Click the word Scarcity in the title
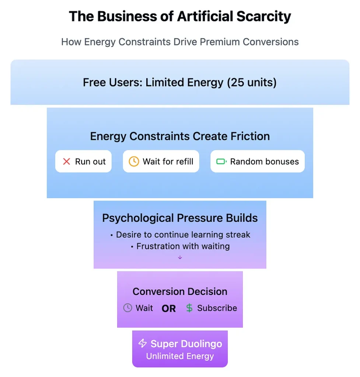(263, 17)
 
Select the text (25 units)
(252, 82)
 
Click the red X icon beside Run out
(66, 161)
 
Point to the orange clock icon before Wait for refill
(134, 161)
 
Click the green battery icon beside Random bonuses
(221, 161)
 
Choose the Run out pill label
(90, 162)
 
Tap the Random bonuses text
(265, 162)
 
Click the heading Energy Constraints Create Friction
(180, 136)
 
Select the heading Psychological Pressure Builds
(180, 218)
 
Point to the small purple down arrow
(180, 257)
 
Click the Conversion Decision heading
(180, 292)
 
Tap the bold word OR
(169, 309)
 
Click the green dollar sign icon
(189, 308)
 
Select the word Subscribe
(217, 308)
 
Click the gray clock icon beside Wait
(127, 308)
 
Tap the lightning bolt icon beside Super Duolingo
(143, 343)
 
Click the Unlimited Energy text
(180, 356)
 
